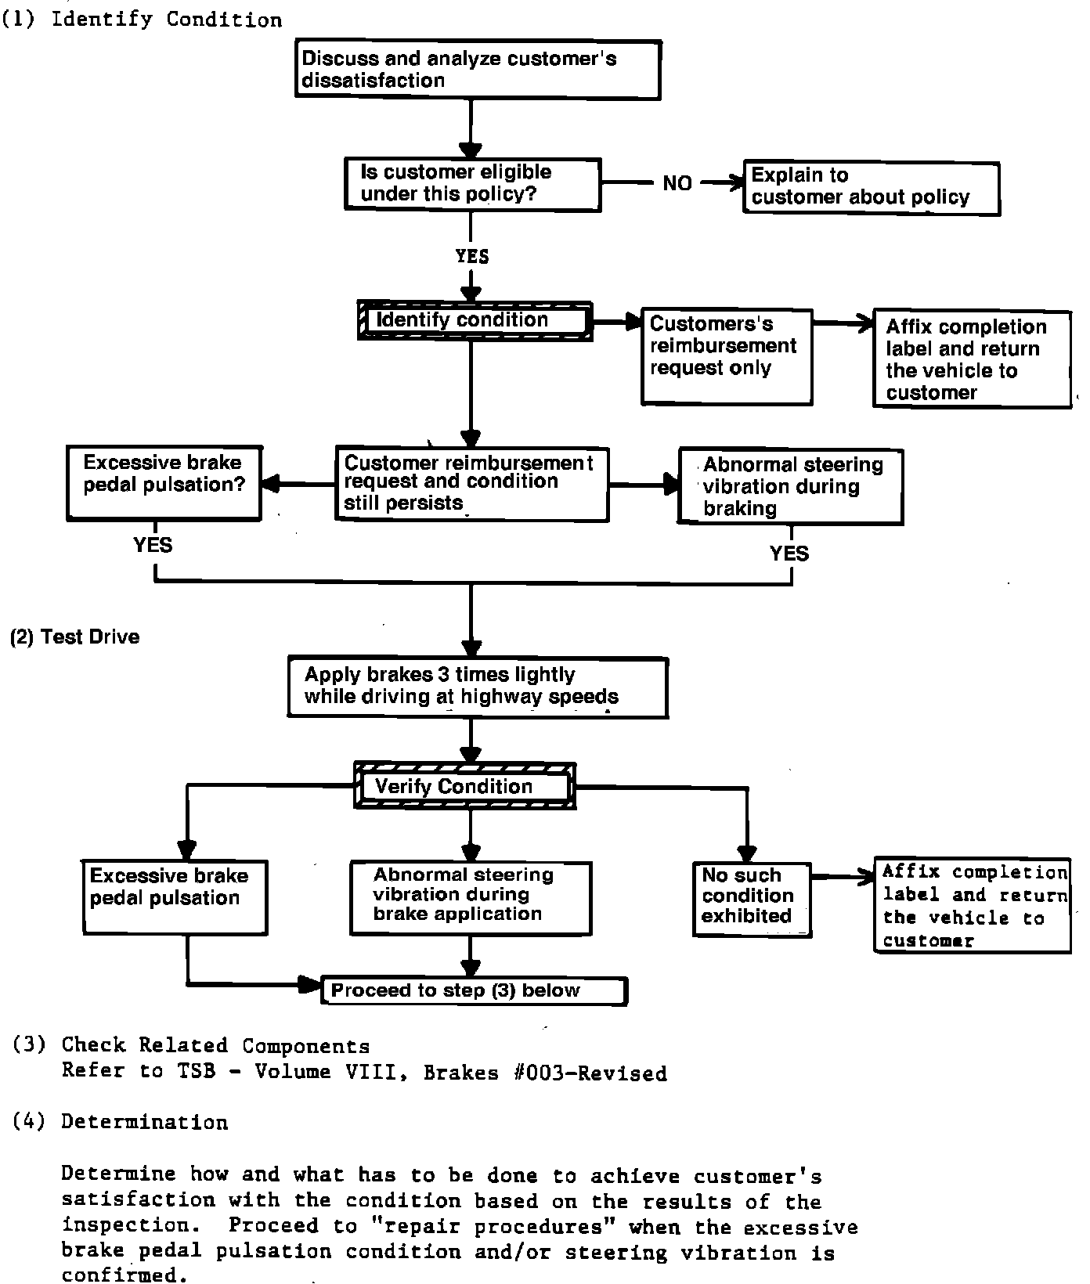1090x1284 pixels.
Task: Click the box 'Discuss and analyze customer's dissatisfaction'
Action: click(478, 70)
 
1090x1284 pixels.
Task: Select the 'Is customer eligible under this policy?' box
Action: click(473, 184)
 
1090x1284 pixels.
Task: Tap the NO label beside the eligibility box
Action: click(677, 183)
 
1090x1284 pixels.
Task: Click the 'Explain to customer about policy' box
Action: click(871, 188)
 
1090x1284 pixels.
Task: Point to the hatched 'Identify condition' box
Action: click(475, 321)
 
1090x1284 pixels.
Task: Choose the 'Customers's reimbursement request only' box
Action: click(726, 357)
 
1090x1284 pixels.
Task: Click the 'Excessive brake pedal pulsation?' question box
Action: click(164, 483)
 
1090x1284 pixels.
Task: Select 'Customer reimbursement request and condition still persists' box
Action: click(471, 484)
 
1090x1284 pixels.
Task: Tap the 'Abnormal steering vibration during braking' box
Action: click(791, 486)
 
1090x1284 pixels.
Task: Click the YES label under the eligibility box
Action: click(471, 257)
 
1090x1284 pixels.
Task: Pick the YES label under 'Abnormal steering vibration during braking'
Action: click(789, 554)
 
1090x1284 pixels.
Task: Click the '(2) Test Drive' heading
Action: click(75, 637)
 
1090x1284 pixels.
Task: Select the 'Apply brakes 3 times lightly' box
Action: click(478, 687)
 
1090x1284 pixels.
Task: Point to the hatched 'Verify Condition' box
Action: click(465, 786)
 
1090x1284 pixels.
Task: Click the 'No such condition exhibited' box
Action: click(752, 897)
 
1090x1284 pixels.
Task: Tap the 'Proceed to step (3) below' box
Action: click(475, 991)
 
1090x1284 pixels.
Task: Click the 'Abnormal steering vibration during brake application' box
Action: click(470, 897)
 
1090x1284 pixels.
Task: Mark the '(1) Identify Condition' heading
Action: click(143, 20)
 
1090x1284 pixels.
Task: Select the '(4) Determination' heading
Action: click(121, 1123)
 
